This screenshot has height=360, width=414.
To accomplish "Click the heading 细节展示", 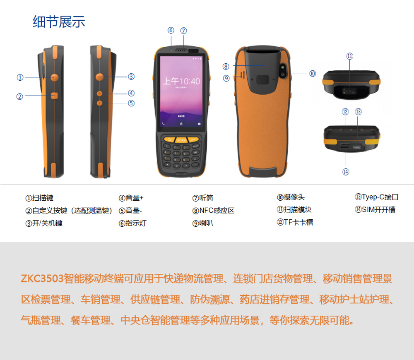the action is [x=59, y=22].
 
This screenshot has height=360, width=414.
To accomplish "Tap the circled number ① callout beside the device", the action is [x=20, y=78].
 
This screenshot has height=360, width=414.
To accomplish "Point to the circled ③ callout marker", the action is [x=131, y=77].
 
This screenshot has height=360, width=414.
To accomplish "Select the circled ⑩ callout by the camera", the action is [x=313, y=73].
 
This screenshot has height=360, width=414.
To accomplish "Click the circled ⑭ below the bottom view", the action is [x=346, y=172].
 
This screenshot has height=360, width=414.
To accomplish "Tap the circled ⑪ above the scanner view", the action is [x=349, y=56].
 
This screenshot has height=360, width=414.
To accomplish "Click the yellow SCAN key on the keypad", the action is [x=181, y=140].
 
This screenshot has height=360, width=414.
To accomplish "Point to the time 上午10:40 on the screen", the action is [x=181, y=81].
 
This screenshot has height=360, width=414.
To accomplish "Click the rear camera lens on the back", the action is [x=283, y=71].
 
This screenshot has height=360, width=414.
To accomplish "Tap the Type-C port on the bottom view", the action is [x=357, y=147].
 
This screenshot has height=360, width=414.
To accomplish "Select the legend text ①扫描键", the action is [x=39, y=198].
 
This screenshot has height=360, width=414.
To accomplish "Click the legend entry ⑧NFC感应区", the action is [x=213, y=211].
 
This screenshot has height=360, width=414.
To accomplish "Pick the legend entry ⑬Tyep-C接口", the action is [x=376, y=197].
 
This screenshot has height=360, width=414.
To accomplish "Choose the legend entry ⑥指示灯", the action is [x=132, y=223].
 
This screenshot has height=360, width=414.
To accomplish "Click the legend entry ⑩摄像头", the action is [x=291, y=197].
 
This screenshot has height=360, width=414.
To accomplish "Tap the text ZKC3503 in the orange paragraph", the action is [x=42, y=279].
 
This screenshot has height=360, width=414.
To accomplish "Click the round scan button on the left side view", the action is [x=55, y=77].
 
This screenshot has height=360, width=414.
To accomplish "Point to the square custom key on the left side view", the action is [x=54, y=96].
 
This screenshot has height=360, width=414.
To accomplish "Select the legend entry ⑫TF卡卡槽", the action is [x=295, y=222].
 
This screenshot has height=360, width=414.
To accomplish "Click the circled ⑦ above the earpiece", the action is [x=183, y=31].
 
